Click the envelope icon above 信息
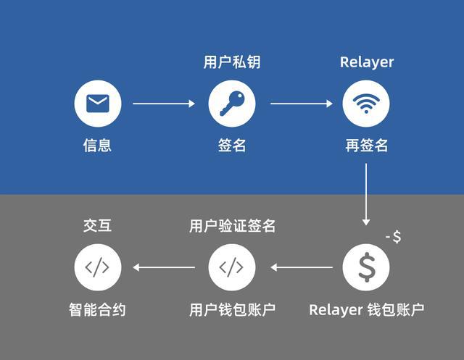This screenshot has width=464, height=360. pyautogui.click(x=98, y=104)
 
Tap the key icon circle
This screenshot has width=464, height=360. pyautogui.click(x=232, y=104)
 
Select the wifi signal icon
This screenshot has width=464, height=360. pyautogui.click(x=366, y=104)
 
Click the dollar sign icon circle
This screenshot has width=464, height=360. pyautogui.click(x=366, y=267)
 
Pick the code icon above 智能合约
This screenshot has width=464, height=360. pyautogui.click(x=98, y=267)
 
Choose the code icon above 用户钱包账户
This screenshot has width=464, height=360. pyautogui.click(x=232, y=267)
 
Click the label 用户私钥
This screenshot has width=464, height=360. pyautogui.click(x=232, y=62)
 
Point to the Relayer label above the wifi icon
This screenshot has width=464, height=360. pyautogui.click(x=367, y=62)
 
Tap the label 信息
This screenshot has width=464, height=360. pyautogui.click(x=98, y=146)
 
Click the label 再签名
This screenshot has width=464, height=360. pyautogui.click(x=366, y=146)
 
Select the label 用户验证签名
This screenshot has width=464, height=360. pyautogui.click(x=232, y=226)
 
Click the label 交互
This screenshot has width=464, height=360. pyautogui.click(x=98, y=226)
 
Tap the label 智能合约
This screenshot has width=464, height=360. pyautogui.click(x=98, y=310)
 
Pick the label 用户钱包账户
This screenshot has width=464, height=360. pyautogui.click(x=232, y=310)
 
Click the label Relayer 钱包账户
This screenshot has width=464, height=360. pyautogui.click(x=366, y=310)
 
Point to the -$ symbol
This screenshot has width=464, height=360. pyautogui.click(x=394, y=237)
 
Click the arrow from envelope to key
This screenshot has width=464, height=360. pyautogui.click(x=164, y=104)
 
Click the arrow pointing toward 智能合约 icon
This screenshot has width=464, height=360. pyautogui.click(x=164, y=267)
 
